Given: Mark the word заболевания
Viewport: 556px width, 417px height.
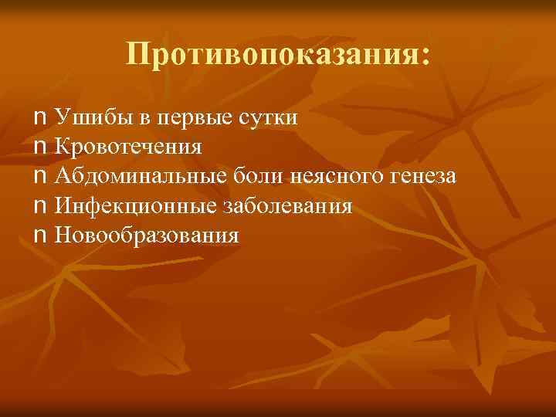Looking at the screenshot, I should [288, 206].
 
